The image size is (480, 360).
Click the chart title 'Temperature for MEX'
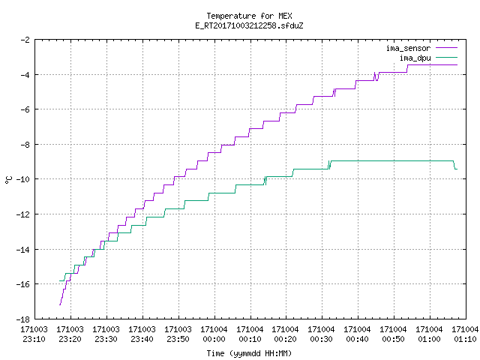pos(249,16)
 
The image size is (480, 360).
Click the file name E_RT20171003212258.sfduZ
pos(249,25)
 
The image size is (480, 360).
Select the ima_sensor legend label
pos(408,48)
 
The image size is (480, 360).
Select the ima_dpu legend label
pos(415,58)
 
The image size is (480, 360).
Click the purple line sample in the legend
pos(446,48)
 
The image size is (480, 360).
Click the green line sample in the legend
pos(446,57)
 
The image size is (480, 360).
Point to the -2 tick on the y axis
pos(25,40)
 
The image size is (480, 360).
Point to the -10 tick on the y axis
pos(23,179)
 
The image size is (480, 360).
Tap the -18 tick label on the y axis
pos(23,319)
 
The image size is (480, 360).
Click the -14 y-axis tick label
pos(23,250)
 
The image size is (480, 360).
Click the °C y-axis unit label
pos(8,180)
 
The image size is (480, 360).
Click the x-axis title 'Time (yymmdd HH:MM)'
pos(249,353)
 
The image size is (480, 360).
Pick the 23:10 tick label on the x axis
pos(34,334)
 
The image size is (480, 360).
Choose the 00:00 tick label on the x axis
pos(214,334)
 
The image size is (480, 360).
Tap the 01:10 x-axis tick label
pos(465,334)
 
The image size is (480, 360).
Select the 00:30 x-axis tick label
pos(322,334)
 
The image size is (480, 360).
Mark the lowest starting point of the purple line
pos(60,305)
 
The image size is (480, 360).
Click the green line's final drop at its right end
pos(455,165)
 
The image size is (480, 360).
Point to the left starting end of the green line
pos(60,280)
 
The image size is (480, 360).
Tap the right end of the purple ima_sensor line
pos(457,65)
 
